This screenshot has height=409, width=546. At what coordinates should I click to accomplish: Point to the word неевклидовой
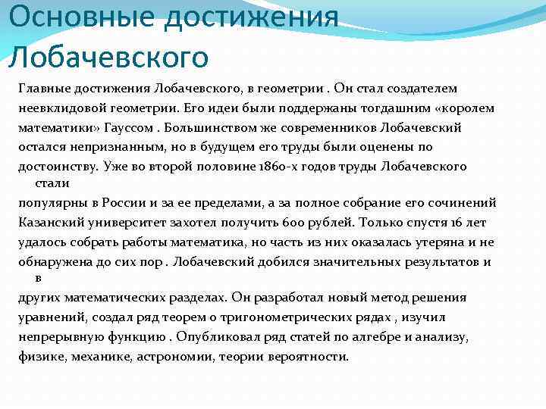56,108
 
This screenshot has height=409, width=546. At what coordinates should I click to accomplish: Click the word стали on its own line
52,183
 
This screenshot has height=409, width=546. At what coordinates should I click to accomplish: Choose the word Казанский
52,222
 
